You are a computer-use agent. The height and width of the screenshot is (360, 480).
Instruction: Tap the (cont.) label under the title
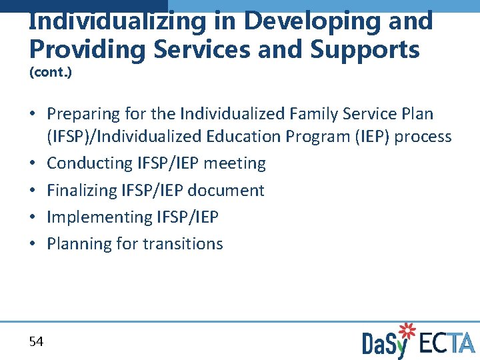51,72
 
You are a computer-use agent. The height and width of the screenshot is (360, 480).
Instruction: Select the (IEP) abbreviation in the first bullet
370,137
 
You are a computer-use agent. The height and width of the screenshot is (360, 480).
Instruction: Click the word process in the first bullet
423,137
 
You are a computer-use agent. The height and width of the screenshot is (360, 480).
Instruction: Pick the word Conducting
90,163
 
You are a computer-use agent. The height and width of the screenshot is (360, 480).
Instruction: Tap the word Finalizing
82,190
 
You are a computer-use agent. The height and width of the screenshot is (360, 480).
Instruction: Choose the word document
226,190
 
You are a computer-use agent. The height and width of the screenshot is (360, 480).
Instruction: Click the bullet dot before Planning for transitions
33,244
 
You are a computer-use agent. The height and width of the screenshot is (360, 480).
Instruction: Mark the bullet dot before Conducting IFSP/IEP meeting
33,164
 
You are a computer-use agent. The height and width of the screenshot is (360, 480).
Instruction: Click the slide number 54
36,342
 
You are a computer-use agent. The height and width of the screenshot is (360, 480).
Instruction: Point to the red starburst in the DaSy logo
406,331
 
